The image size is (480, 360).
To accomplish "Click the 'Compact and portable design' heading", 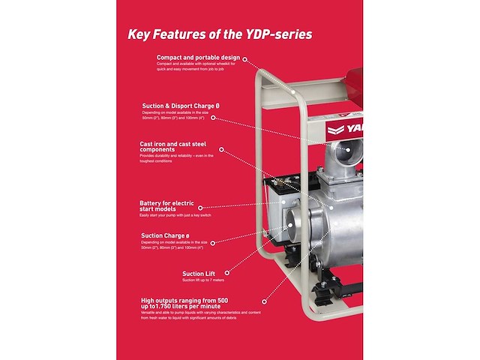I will click(198, 57).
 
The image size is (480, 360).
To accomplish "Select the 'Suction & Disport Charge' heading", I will click(181, 106).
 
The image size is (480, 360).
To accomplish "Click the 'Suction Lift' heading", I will click(199, 274).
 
